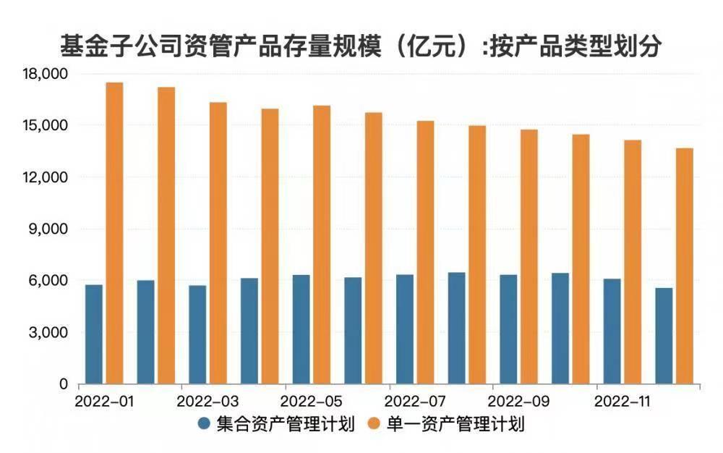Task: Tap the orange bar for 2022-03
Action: [218, 243]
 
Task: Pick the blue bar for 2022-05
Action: [301, 329]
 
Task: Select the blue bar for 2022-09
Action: [508, 329]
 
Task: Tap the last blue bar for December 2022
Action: [664, 336]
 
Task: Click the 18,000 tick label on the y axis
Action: [46, 74]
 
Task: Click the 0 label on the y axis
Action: [63, 384]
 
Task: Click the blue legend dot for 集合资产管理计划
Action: [205, 423]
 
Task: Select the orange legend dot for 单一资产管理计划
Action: [375, 423]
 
